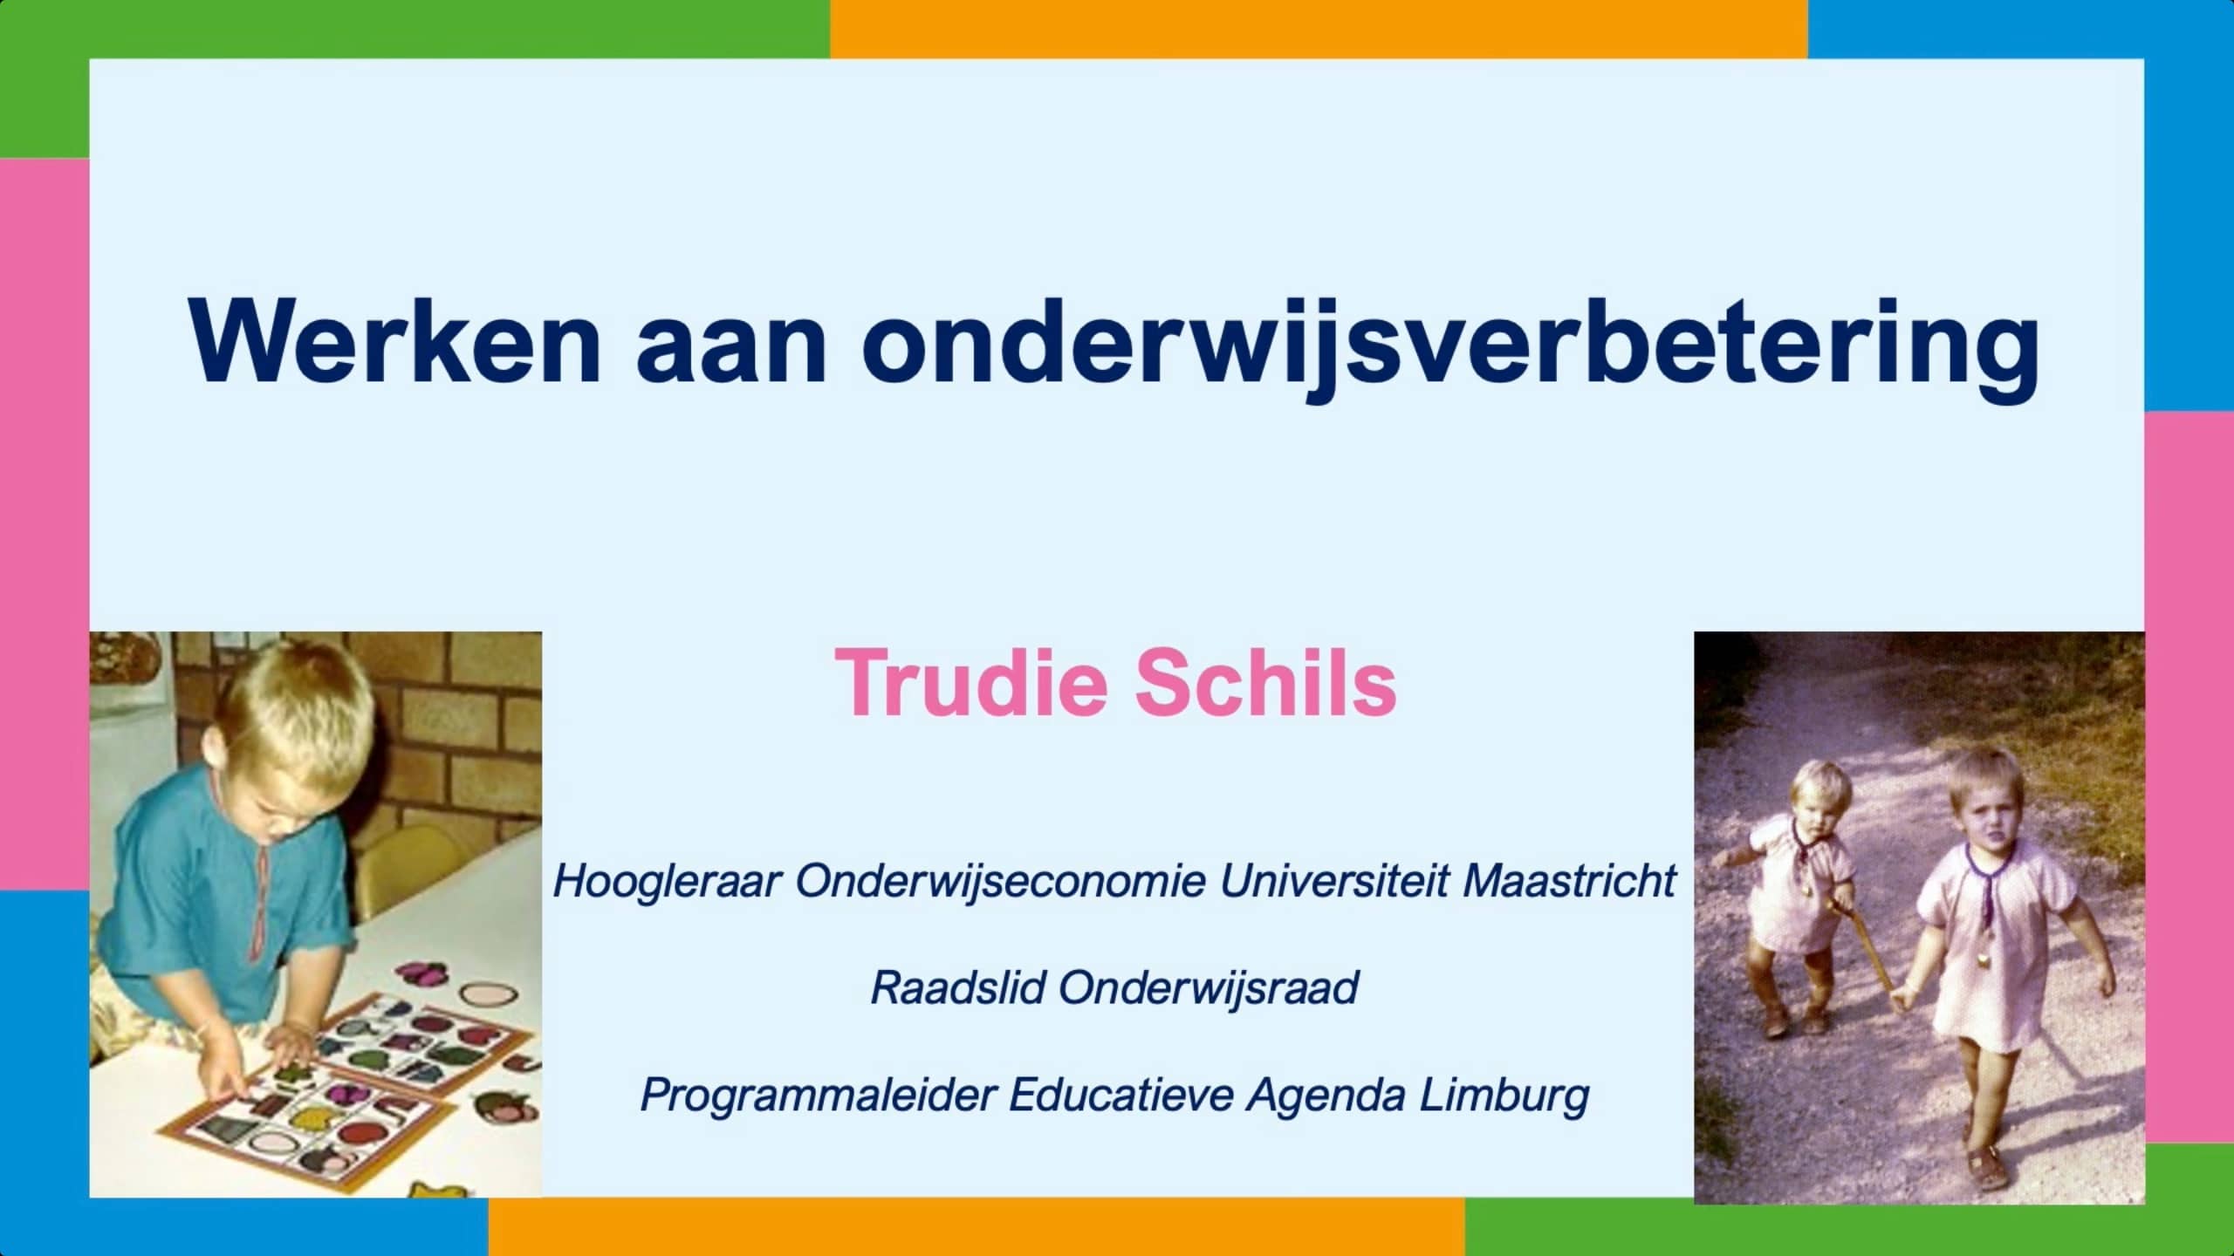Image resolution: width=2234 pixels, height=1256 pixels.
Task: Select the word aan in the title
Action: click(731, 352)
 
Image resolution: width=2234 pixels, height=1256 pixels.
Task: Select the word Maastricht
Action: click(1569, 881)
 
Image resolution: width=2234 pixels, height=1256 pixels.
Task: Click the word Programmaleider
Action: click(818, 1096)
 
